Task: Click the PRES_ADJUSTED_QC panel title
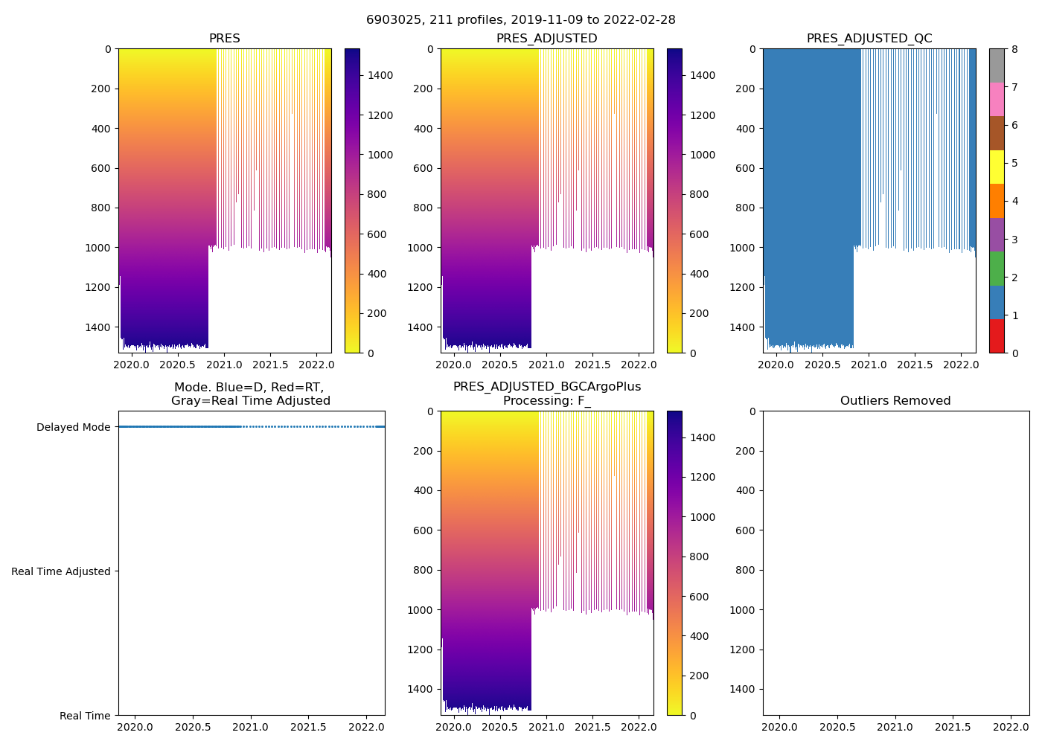click(869, 39)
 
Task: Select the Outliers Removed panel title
click(895, 401)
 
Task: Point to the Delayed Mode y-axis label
click(73, 427)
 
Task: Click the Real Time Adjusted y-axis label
click(61, 571)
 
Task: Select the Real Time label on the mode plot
click(85, 716)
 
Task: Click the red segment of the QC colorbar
click(997, 336)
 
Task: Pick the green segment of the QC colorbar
click(997, 269)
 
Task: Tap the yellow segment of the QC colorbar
click(997, 167)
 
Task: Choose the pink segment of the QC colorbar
click(997, 99)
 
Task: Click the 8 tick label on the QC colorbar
click(1014, 50)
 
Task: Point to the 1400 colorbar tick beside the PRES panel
click(380, 75)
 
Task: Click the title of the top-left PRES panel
click(224, 39)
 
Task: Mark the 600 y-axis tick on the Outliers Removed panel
click(746, 530)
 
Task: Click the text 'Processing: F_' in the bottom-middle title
click(547, 401)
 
